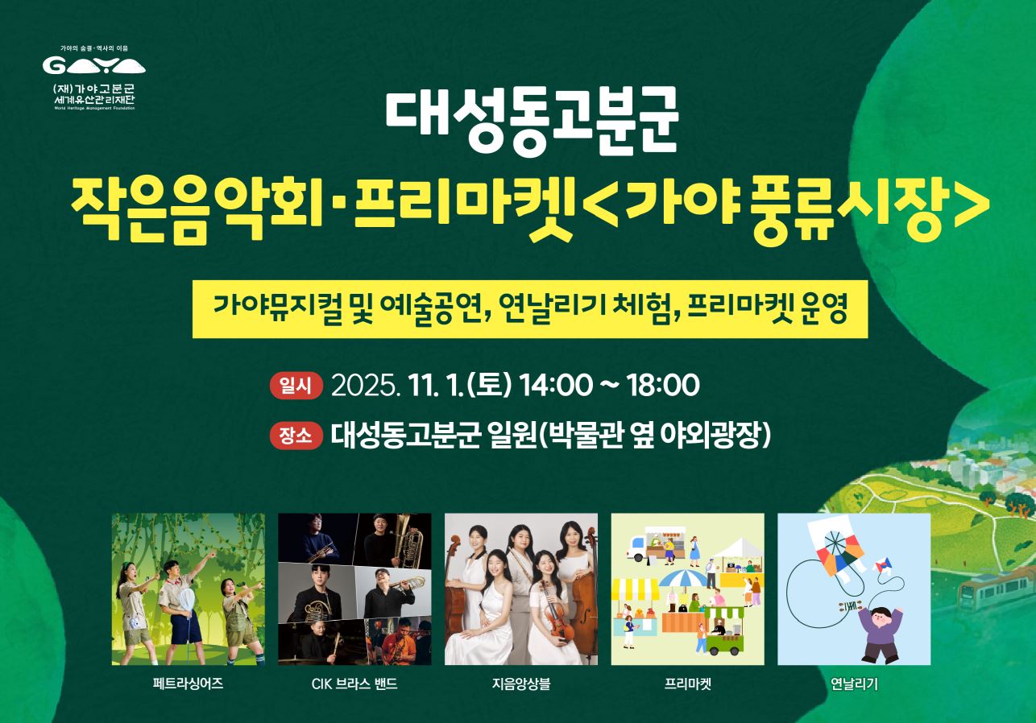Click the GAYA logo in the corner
pyautogui.click(x=93, y=65)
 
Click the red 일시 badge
pyautogui.click(x=296, y=386)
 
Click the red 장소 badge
pyautogui.click(x=296, y=436)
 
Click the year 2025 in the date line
pyautogui.click(x=364, y=386)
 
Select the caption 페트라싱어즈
pyautogui.click(x=188, y=685)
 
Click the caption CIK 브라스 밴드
pyautogui.click(x=354, y=685)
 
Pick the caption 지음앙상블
pyautogui.click(x=521, y=685)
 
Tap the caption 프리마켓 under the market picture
pyautogui.click(x=687, y=685)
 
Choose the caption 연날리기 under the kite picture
pyautogui.click(x=854, y=685)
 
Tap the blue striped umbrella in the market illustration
pyautogui.click(x=683, y=578)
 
